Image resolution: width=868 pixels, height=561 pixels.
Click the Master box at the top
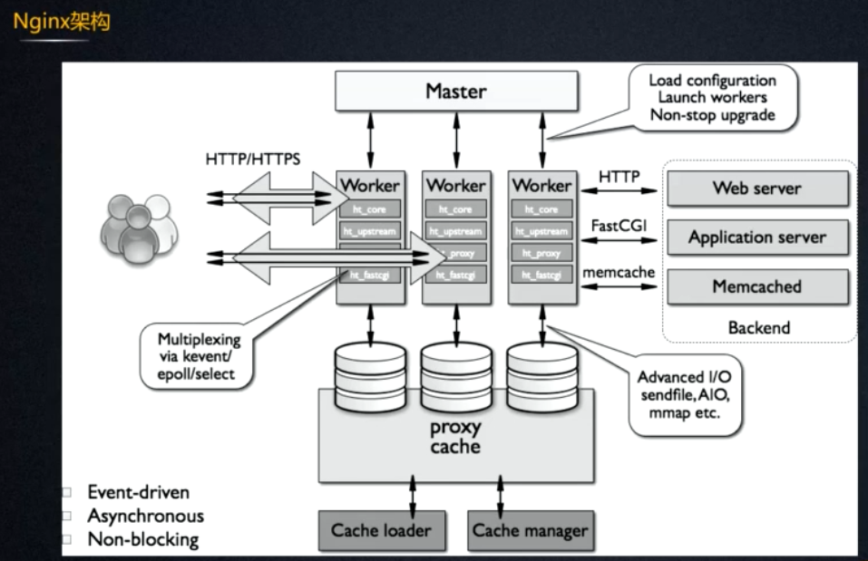pyautogui.click(x=456, y=92)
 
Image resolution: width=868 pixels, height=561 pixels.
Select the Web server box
pyautogui.click(x=757, y=189)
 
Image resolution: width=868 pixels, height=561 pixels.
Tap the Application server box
pyautogui.click(x=757, y=238)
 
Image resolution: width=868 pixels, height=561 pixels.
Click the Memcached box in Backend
pyautogui.click(x=757, y=287)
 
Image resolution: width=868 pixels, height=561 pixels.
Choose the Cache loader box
pyautogui.click(x=381, y=530)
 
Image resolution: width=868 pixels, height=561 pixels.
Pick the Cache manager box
pyautogui.click(x=530, y=530)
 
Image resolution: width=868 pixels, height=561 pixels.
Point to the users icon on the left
pyautogui.click(x=137, y=221)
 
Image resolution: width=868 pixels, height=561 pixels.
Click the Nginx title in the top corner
pyautogui.click(x=62, y=22)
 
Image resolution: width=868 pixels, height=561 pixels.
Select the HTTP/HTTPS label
pyautogui.click(x=253, y=160)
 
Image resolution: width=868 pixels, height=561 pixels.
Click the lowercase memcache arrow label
pyautogui.click(x=619, y=272)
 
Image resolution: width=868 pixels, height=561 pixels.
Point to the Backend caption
pyautogui.click(x=759, y=327)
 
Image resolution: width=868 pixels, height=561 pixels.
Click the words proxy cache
pyautogui.click(x=455, y=437)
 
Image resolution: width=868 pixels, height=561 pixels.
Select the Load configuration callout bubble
pyautogui.click(x=712, y=98)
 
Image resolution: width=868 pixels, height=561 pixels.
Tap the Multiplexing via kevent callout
pyautogui.click(x=186, y=356)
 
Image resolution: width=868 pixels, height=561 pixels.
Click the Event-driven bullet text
pyautogui.click(x=138, y=492)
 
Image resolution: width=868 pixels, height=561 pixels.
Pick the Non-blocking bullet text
pyautogui.click(x=142, y=539)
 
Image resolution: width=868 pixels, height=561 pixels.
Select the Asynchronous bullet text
pyautogui.click(x=145, y=516)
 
